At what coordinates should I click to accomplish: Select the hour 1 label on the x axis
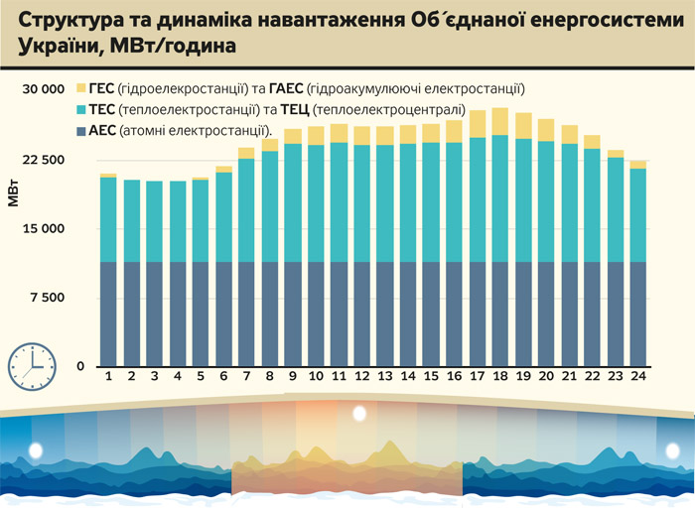coord(107,377)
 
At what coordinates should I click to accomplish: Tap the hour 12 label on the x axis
coord(362,377)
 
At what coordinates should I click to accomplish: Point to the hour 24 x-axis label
coord(638,377)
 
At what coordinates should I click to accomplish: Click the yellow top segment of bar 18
coord(500,121)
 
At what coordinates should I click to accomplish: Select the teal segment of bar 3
coord(154,221)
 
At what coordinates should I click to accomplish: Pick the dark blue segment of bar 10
coord(316,314)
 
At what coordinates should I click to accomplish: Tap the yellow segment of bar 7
coord(246,153)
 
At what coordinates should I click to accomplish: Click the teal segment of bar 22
coord(592,204)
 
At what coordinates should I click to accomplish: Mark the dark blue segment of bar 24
coord(638,314)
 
